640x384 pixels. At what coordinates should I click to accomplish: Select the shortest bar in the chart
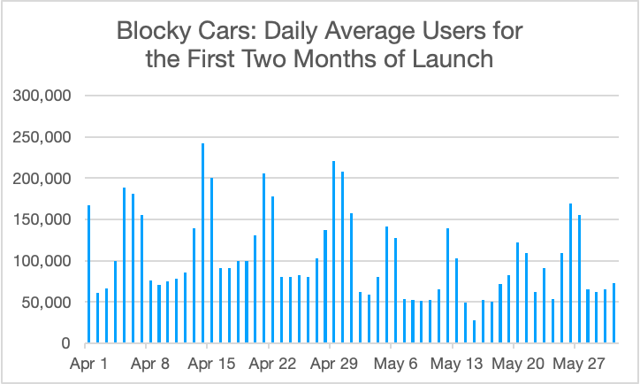(474, 332)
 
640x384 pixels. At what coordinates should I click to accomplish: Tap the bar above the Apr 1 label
(89, 274)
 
